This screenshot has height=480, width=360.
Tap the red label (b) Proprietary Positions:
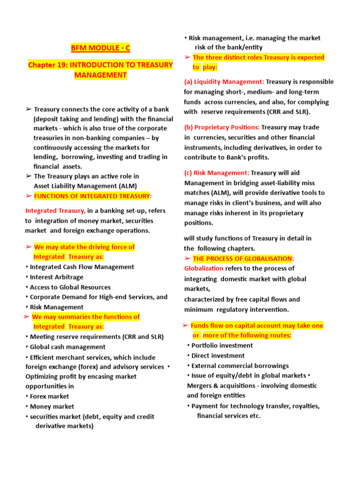222,127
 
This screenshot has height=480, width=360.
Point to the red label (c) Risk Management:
217,172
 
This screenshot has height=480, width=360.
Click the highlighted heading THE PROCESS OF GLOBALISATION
243,259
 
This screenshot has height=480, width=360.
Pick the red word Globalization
204,269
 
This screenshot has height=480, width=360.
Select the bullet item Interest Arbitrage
56,277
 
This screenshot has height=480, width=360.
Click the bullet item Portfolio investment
222,345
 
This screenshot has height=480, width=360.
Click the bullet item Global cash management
67,347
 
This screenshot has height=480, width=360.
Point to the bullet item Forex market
49,397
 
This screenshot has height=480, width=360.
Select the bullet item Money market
52,406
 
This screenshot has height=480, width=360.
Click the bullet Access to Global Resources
70,287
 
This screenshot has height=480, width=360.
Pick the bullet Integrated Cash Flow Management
82,267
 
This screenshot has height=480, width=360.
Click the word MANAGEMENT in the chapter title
100,75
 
